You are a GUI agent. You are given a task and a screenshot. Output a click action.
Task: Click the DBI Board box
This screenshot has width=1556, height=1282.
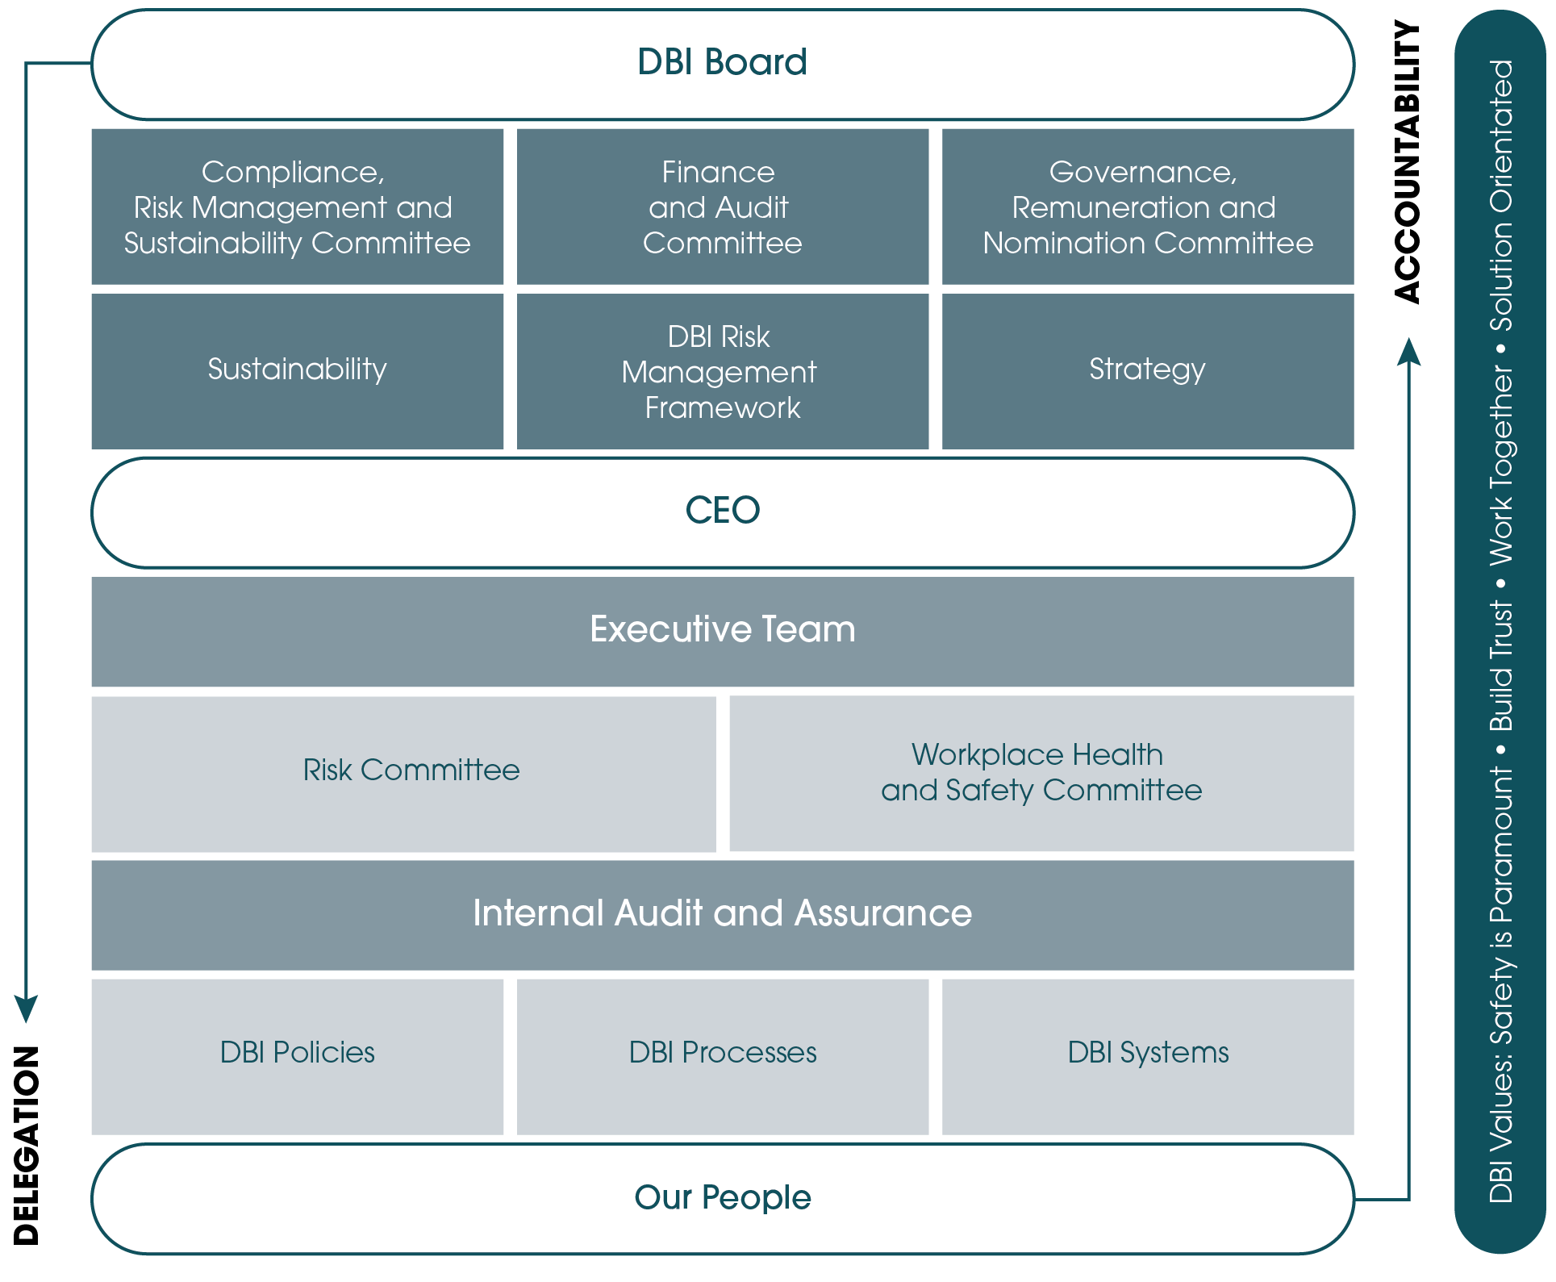(x=723, y=65)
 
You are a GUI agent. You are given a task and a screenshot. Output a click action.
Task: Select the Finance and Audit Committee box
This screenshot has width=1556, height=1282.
(x=723, y=207)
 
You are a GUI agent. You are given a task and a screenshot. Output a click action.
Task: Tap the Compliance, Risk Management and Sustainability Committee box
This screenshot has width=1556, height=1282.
(x=298, y=207)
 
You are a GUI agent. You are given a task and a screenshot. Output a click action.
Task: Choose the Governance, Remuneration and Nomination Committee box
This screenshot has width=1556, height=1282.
(x=1148, y=207)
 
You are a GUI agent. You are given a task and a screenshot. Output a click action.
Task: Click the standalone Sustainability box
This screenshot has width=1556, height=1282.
(x=298, y=371)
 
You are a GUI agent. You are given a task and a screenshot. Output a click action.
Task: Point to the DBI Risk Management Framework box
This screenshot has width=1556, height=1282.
(x=723, y=371)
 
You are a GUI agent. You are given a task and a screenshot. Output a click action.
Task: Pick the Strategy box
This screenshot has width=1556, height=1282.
(x=1148, y=371)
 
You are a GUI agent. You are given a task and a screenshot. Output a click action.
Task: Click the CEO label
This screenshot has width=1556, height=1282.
(x=723, y=510)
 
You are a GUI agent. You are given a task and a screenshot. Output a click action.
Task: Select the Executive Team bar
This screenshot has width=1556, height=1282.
(x=723, y=632)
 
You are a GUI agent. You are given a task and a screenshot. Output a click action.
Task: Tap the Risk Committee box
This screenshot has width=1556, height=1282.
(x=404, y=774)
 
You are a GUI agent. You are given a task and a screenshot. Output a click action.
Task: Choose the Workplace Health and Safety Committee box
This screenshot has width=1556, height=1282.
(x=1042, y=774)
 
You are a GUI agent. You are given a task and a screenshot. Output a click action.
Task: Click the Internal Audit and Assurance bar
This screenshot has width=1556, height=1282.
(x=723, y=916)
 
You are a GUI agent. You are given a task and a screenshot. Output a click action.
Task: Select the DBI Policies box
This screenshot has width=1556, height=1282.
(x=298, y=1057)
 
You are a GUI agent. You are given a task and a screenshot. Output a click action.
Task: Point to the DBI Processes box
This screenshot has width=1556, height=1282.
(x=723, y=1057)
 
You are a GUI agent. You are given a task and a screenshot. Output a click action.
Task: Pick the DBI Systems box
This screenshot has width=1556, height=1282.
(x=1148, y=1057)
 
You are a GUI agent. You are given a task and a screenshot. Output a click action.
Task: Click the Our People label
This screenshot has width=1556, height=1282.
(x=723, y=1197)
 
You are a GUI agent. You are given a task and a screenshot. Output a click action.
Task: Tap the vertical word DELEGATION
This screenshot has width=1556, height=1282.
(x=27, y=1146)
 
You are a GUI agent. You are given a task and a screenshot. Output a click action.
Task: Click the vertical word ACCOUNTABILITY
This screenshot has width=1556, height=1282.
(x=1408, y=162)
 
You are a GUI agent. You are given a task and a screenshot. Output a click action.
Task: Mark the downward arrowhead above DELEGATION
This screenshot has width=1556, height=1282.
(x=26, y=1009)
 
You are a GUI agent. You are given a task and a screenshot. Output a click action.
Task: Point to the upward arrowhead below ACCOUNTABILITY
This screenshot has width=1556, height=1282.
(x=1409, y=352)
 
